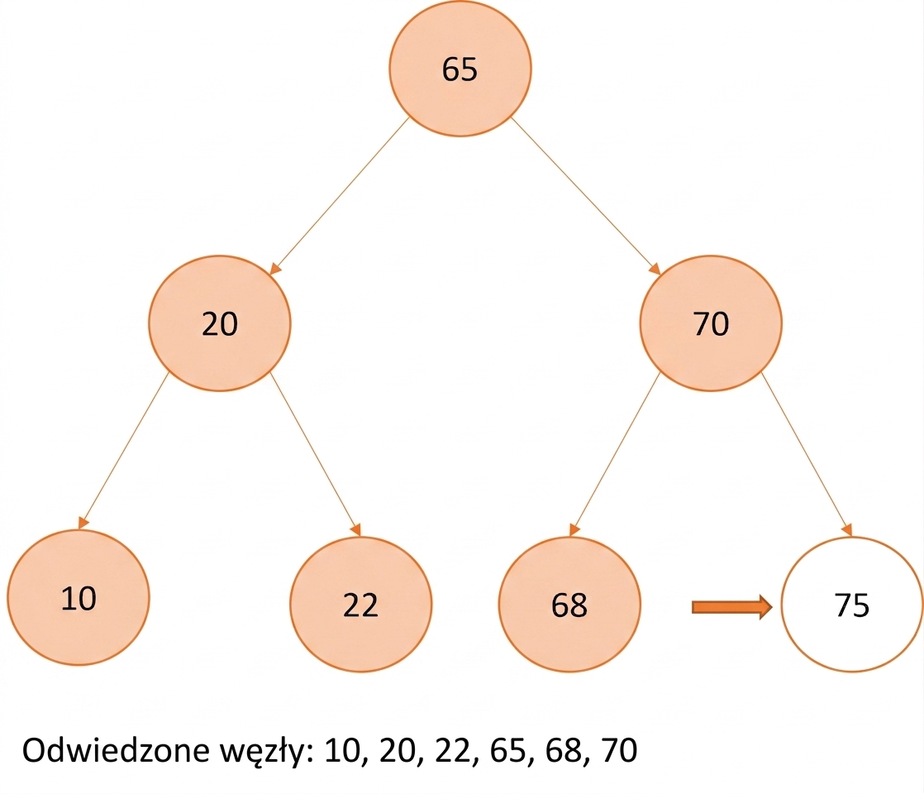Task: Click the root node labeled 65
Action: pyautogui.click(x=460, y=69)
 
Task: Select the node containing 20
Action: pyautogui.click(x=219, y=323)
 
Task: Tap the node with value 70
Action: pyautogui.click(x=711, y=323)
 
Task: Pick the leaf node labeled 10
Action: pyautogui.click(x=79, y=597)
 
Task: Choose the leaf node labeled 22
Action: pyautogui.click(x=360, y=604)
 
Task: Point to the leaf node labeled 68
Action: pyautogui.click(x=569, y=604)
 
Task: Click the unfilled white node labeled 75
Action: pyautogui.click(x=852, y=604)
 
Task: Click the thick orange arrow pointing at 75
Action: pyautogui.click(x=732, y=607)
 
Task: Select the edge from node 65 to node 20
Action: pyautogui.click(x=340, y=196)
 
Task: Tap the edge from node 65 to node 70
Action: pyautogui.click(x=586, y=196)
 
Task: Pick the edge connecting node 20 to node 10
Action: pyautogui.click(x=123, y=451)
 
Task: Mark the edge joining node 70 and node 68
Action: pyautogui.click(x=615, y=454)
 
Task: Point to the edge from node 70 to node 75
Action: pyautogui.click(x=807, y=454)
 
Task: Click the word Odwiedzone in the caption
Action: pyautogui.click(x=116, y=750)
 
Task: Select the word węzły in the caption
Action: pyautogui.click(x=267, y=752)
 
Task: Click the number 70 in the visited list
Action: pyautogui.click(x=619, y=750)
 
